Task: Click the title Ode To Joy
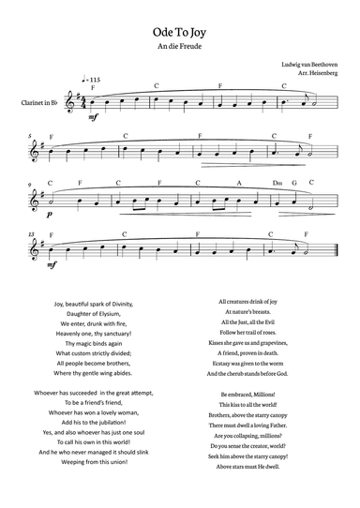pos(180,30)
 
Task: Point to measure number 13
pos(31,232)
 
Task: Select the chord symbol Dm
pos(277,183)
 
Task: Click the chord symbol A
pos(239,183)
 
